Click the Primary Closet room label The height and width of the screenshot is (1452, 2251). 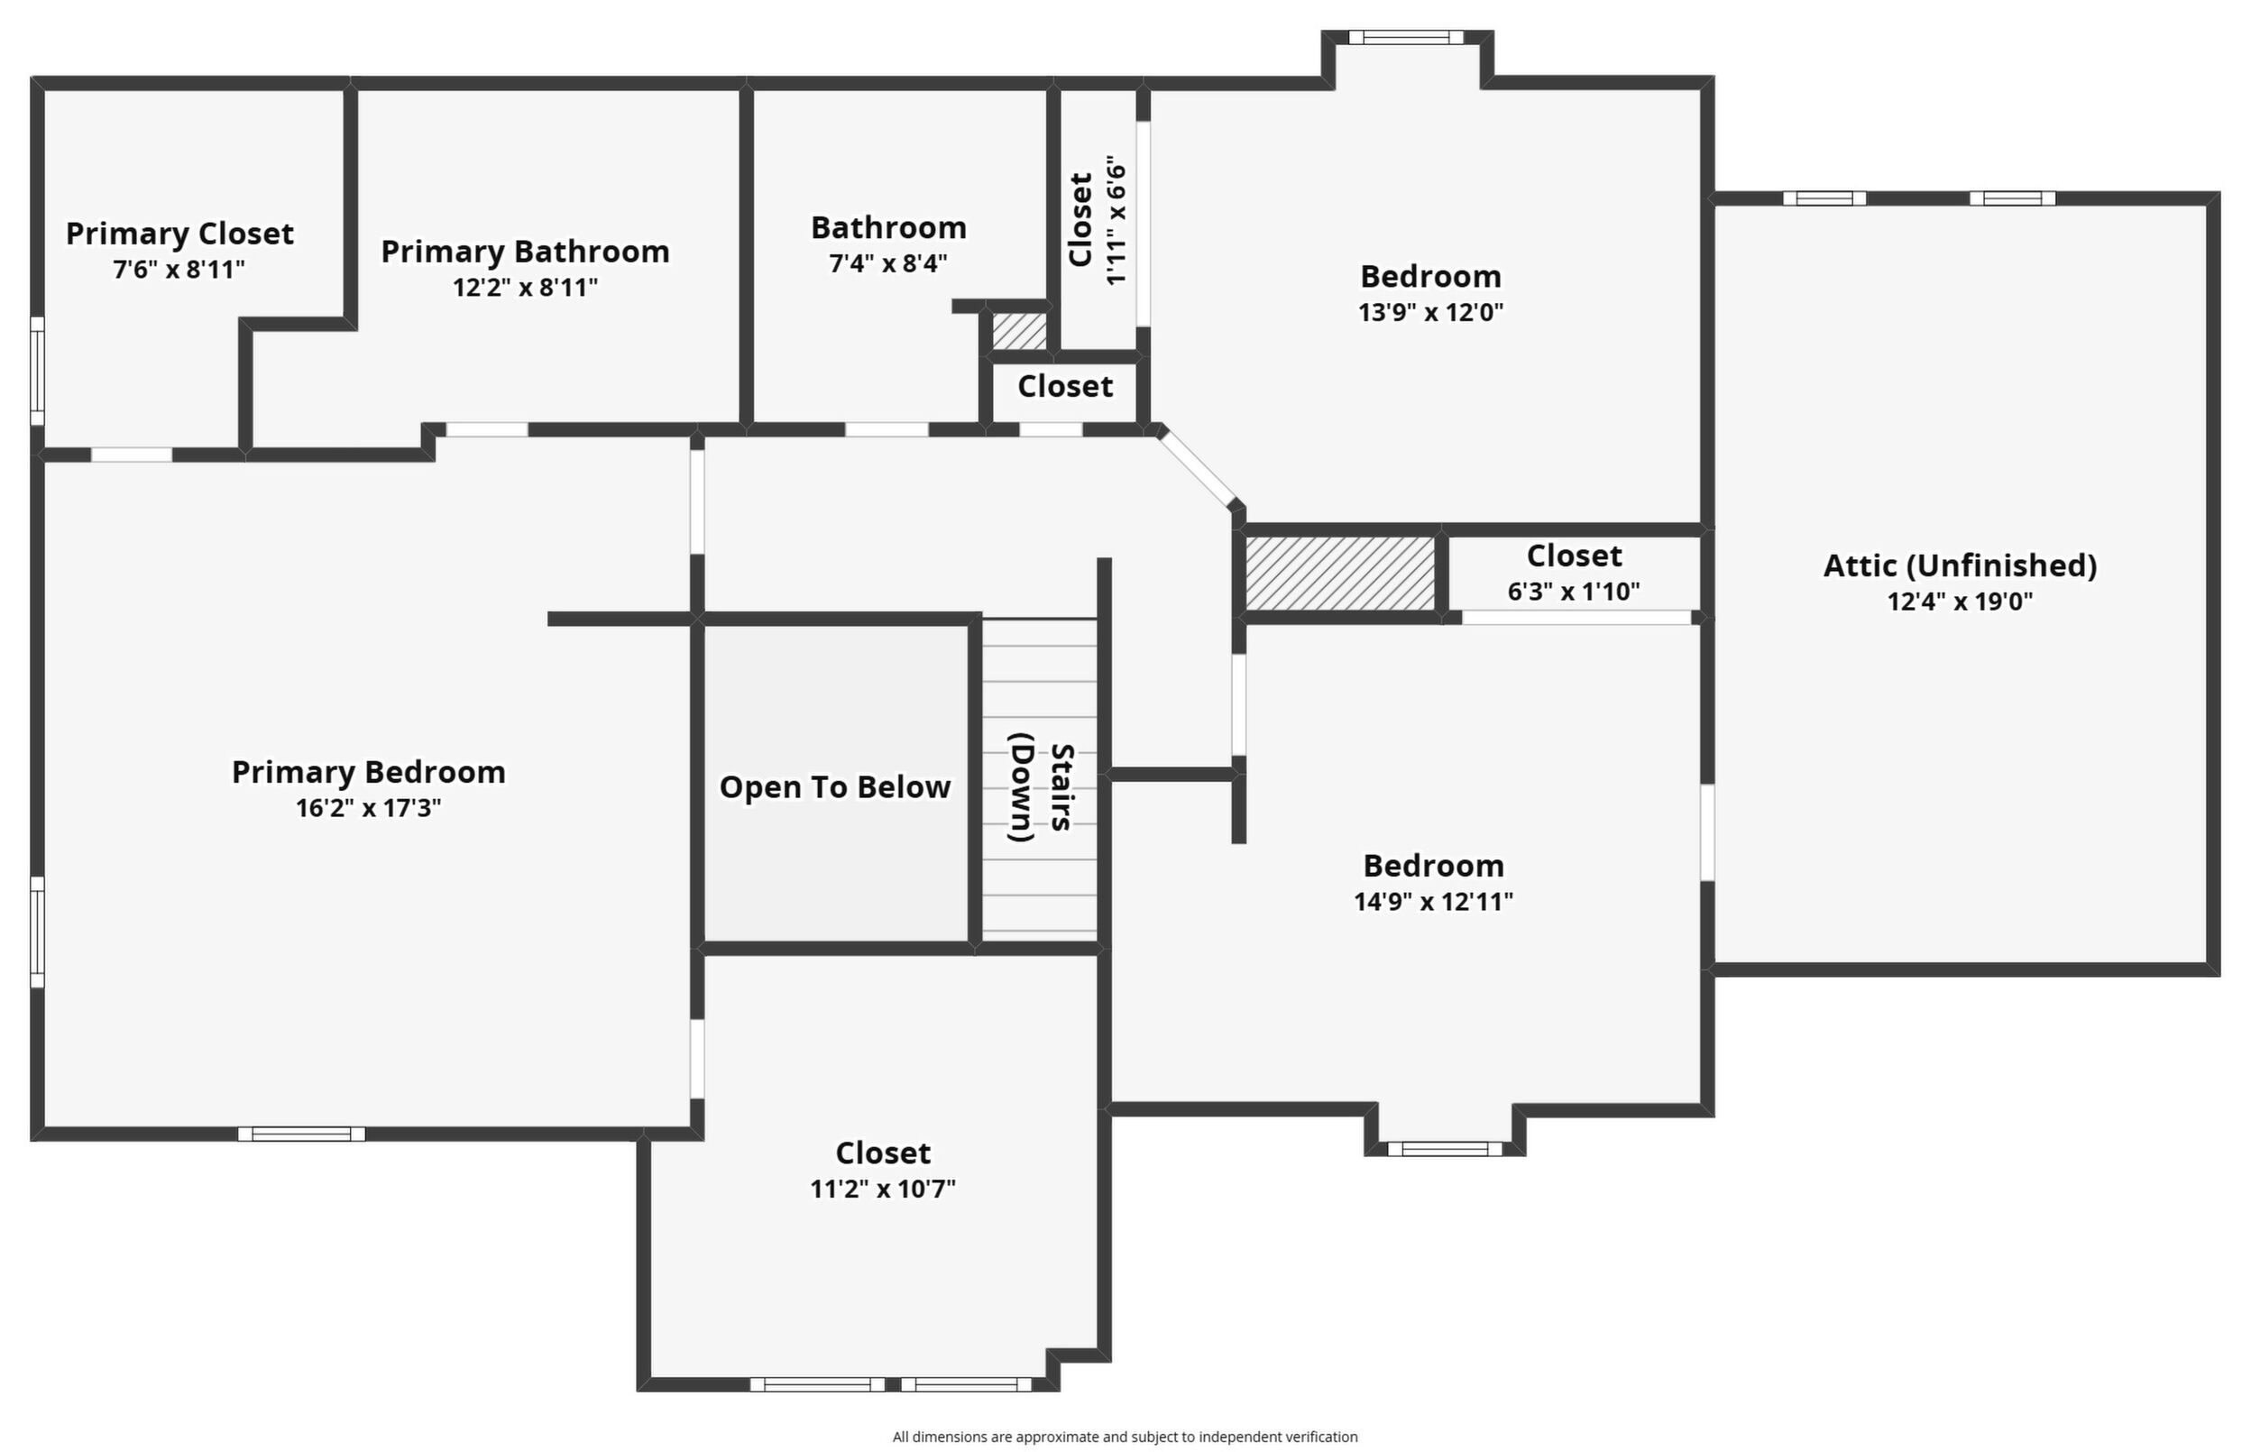[180, 233]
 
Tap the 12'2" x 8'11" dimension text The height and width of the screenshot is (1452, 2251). [525, 287]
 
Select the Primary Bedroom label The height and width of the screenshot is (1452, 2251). [369, 771]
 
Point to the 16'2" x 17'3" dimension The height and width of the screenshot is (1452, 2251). [369, 808]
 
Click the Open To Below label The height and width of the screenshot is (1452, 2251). [835, 787]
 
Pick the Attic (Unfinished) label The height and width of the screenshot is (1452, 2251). [1961, 565]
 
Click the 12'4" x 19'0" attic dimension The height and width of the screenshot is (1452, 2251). [1961, 602]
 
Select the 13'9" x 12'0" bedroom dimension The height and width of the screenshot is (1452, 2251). [1431, 312]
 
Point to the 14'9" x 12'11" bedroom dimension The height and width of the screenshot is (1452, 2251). [1434, 902]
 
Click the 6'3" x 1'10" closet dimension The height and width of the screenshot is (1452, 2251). [1575, 592]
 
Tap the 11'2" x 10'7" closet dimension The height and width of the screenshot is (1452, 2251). [883, 1189]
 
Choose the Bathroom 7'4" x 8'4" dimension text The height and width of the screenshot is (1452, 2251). [888, 263]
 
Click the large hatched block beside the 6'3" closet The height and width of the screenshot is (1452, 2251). [1340, 574]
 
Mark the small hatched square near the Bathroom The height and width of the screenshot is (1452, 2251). [1019, 331]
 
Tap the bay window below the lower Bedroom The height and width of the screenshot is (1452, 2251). [1445, 1148]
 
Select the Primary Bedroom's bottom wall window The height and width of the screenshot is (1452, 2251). [301, 1134]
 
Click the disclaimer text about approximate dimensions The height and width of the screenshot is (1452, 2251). [1125, 1437]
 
